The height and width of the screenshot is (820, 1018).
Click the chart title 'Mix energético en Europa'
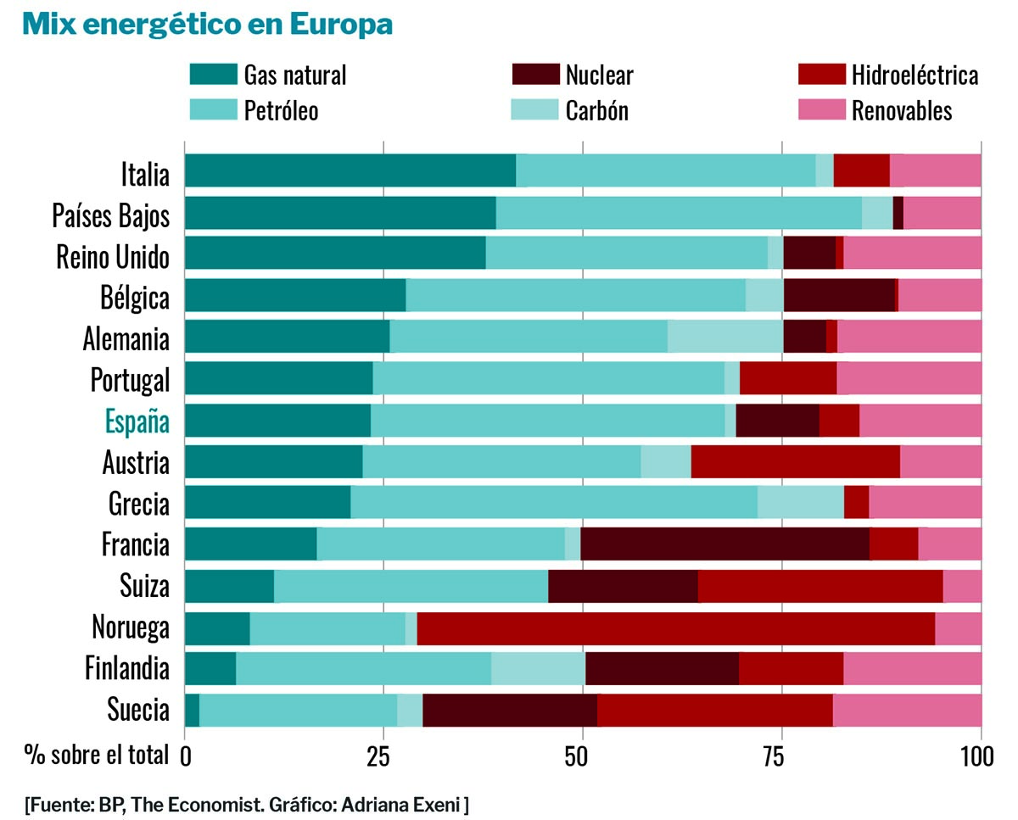208,25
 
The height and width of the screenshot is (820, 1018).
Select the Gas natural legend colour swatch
212,75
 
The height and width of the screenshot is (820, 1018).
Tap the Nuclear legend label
599,75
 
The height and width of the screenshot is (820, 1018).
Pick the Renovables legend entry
902,110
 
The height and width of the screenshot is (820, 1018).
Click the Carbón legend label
596,110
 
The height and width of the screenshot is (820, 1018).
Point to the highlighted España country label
137,421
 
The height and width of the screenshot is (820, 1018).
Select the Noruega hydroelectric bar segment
675,628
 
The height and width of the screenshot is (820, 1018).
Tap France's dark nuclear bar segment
724,544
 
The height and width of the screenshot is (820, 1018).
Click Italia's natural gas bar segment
350,170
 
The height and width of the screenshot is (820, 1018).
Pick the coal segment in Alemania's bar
724,337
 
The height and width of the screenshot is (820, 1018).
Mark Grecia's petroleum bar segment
553,503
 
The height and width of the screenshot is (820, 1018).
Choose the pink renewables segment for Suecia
907,711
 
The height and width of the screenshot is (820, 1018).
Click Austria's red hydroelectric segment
795,462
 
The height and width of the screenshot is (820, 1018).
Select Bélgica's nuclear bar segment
838,295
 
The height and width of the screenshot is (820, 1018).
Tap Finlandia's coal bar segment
538,669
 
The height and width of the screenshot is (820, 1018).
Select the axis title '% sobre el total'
96,754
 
